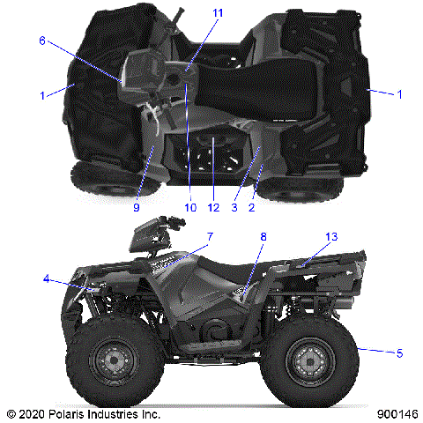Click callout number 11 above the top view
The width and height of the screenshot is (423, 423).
click(x=193, y=12)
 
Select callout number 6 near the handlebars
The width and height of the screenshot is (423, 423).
click(x=41, y=41)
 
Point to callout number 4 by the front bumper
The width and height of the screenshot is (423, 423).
click(x=46, y=279)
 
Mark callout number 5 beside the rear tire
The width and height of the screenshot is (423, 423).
click(x=399, y=353)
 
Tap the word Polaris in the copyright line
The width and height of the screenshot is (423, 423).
click(x=78, y=412)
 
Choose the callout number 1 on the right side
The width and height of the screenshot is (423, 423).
click(x=399, y=92)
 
